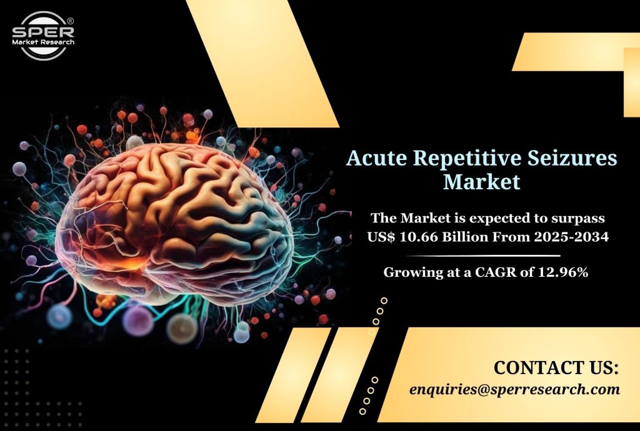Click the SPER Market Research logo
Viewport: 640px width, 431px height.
coord(43,36)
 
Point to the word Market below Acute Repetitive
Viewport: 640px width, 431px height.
coord(482,182)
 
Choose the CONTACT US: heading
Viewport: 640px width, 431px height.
coord(556,367)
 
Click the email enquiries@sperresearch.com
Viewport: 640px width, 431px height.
coord(515,389)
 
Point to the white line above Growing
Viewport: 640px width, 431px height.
coord(483,256)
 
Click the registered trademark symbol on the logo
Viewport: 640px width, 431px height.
coord(70,21)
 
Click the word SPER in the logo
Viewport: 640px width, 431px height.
coord(43,31)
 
